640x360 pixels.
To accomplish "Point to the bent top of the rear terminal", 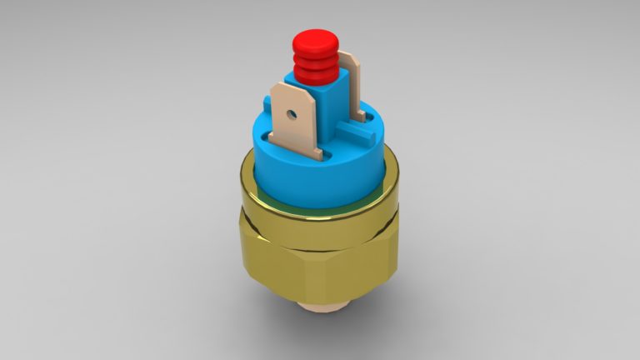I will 347,56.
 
